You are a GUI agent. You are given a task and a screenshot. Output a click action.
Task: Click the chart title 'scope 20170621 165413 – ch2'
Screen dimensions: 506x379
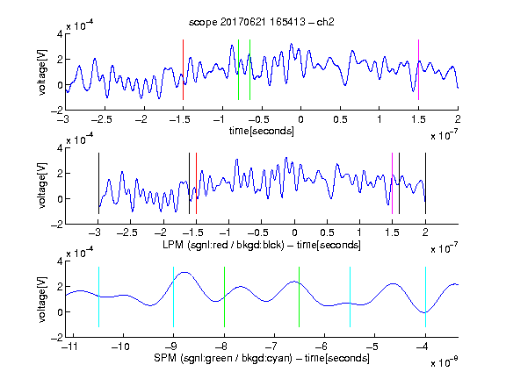point(262,22)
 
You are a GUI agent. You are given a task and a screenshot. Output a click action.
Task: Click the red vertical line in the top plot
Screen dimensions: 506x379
point(183,69)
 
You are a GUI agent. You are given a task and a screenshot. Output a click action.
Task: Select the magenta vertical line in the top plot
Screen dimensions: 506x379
point(418,69)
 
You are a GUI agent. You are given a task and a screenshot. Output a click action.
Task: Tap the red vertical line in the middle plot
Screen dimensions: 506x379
point(196,183)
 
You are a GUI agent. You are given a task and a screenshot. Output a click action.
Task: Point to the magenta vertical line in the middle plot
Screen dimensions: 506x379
point(392,183)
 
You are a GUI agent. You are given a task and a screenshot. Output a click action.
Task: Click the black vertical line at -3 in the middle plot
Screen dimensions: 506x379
point(98,183)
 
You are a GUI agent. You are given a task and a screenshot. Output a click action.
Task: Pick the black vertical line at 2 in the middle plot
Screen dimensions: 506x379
point(425,183)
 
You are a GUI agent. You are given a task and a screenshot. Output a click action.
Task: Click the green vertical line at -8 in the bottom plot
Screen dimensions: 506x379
point(224,297)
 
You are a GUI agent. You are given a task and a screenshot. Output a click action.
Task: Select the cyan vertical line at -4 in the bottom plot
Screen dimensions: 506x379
point(425,297)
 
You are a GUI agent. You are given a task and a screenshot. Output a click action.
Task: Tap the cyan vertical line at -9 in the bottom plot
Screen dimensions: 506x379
point(173,297)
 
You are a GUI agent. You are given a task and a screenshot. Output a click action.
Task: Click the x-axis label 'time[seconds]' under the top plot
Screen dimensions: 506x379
point(262,131)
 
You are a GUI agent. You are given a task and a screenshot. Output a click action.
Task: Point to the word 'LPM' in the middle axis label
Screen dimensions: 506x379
point(173,245)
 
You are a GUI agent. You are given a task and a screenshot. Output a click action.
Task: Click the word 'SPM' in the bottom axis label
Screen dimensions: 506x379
point(165,358)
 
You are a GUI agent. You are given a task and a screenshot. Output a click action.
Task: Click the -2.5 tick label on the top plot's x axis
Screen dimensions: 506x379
point(102,119)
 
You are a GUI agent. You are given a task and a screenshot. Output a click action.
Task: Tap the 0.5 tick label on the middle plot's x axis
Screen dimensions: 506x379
point(327,232)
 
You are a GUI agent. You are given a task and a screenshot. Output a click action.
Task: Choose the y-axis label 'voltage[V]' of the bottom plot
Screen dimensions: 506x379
point(42,299)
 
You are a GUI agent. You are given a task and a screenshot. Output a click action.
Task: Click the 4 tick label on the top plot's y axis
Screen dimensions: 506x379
point(60,34)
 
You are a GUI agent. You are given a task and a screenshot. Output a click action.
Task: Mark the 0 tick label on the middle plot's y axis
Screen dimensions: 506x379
point(60,199)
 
